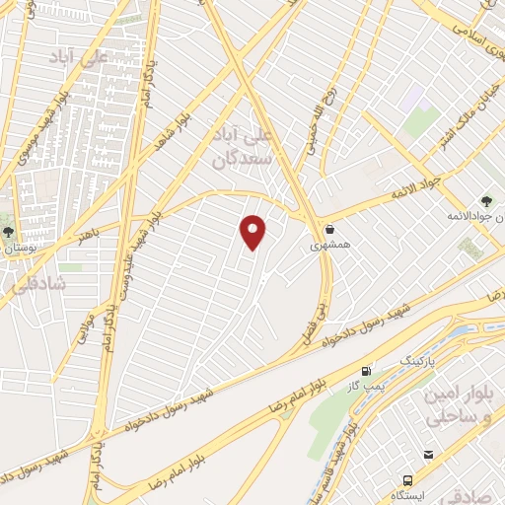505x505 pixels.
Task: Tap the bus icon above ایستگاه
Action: pyautogui.click(x=429, y=455)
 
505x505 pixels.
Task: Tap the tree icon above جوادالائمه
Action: pyautogui.click(x=487, y=200)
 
